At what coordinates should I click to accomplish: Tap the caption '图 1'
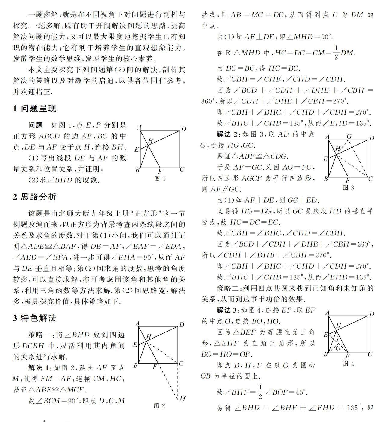(x=160, y=179)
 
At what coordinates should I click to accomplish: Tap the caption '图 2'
(x=159, y=406)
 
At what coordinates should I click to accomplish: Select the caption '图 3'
(x=349, y=188)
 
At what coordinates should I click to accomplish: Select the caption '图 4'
(x=349, y=364)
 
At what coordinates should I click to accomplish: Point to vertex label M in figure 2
(x=182, y=399)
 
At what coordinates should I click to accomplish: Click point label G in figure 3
(x=349, y=137)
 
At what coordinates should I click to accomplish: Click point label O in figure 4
(x=338, y=348)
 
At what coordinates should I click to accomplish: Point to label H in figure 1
(x=150, y=141)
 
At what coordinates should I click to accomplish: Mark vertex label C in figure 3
(x=371, y=179)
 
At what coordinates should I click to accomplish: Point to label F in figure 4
(x=348, y=356)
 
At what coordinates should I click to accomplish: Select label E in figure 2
(x=135, y=345)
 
